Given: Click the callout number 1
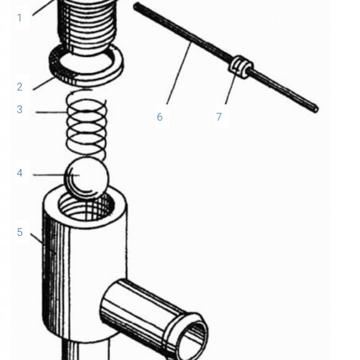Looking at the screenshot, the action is [x=20, y=18].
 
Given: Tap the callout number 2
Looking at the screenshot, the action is [x=20, y=87].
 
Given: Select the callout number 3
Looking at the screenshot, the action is [x=20, y=109].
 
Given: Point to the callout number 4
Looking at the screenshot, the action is [x=20, y=173].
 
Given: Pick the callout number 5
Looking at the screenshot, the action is [x=20, y=232].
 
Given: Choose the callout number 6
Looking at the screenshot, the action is [x=160, y=117].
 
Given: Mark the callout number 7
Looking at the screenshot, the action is [x=219, y=116].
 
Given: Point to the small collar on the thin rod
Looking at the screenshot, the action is [x=241, y=67].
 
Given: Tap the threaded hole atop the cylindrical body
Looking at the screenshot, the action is [x=86, y=206].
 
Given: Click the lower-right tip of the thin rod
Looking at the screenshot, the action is [x=316, y=110].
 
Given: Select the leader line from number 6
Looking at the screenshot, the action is [x=179, y=73].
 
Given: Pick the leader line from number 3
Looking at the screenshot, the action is [x=52, y=112].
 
